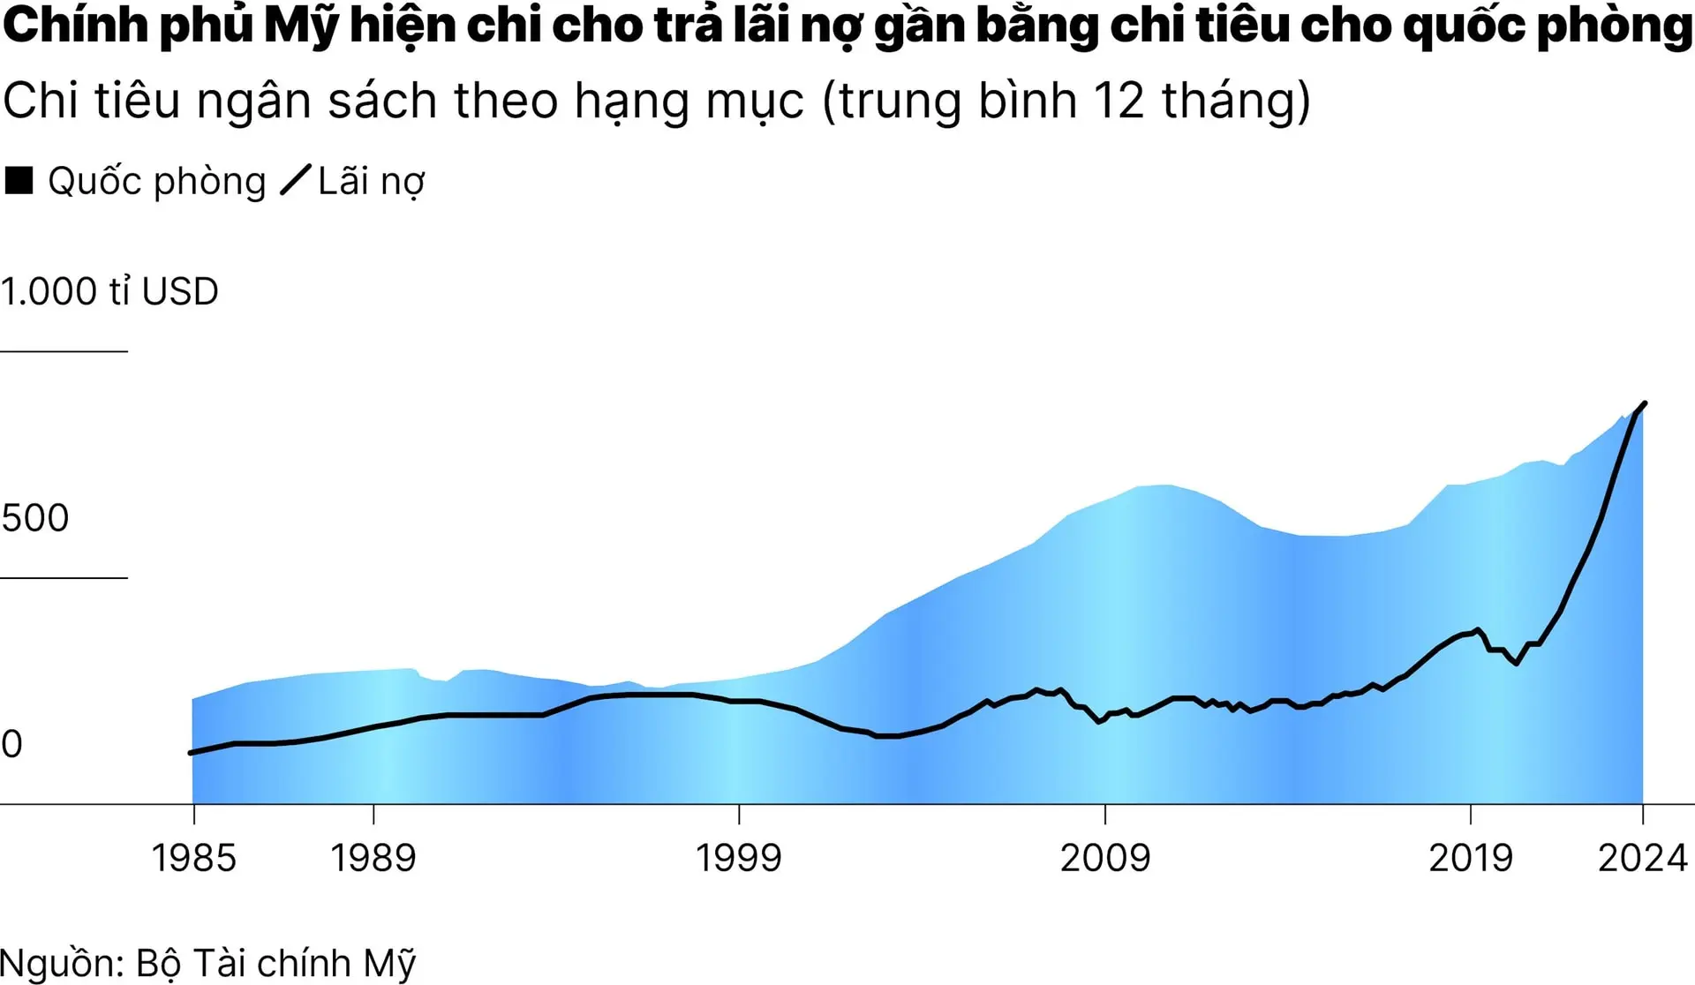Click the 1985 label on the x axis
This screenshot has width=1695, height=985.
click(x=194, y=858)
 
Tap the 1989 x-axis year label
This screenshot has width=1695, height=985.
click(x=373, y=858)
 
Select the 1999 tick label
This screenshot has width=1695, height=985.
click(x=739, y=858)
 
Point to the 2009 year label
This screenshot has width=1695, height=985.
click(x=1105, y=858)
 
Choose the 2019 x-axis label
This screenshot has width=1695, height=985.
click(x=1471, y=858)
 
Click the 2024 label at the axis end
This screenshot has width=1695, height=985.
click(x=1642, y=858)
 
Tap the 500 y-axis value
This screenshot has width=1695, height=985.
click(x=35, y=518)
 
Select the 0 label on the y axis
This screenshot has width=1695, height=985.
click(x=11, y=744)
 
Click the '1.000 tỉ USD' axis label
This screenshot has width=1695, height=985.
click(x=109, y=292)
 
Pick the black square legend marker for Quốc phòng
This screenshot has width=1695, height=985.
click(x=19, y=180)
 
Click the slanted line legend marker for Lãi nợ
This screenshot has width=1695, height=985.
click(x=296, y=180)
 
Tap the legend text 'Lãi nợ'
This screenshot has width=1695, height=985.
click(x=372, y=182)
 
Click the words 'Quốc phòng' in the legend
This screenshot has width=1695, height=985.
click(x=156, y=182)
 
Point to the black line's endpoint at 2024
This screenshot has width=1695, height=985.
click(x=1645, y=403)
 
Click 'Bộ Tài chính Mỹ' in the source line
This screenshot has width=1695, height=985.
click(x=275, y=963)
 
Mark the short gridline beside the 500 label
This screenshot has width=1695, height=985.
click(x=64, y=578)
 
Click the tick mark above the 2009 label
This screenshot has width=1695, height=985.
click(x=1105, y=814)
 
